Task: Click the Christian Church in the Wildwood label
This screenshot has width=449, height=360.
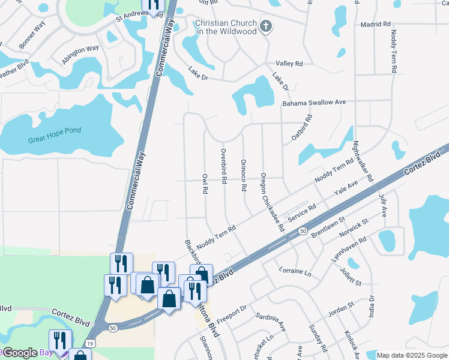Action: [225, 27]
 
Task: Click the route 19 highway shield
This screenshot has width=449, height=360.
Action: [89, 343]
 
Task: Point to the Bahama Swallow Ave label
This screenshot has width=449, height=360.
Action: [315, 103]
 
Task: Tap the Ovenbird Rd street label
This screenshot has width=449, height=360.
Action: [223, 166]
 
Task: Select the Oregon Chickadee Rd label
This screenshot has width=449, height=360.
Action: [271, 203]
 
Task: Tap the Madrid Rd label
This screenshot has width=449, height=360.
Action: [376, 25]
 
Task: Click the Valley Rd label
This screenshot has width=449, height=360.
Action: [289, 63]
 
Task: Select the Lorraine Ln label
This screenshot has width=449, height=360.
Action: [295, 271]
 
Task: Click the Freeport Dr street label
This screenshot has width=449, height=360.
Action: [232, 316]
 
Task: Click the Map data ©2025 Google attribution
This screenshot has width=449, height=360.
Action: [412, 355]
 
